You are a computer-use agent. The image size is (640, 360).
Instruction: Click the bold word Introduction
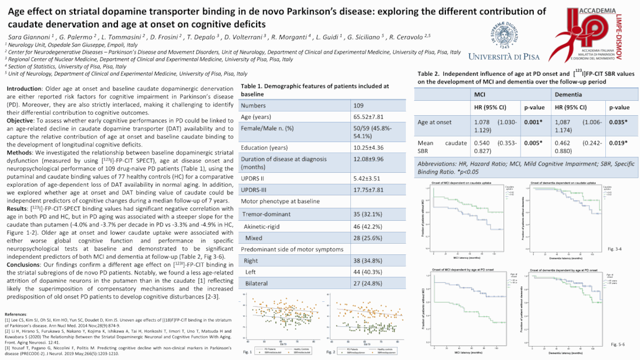(x=23, y=87)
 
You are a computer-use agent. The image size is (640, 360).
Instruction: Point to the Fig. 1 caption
(x=247, y=353)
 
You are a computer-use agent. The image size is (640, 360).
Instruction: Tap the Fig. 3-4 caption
(x=615, y=249)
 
